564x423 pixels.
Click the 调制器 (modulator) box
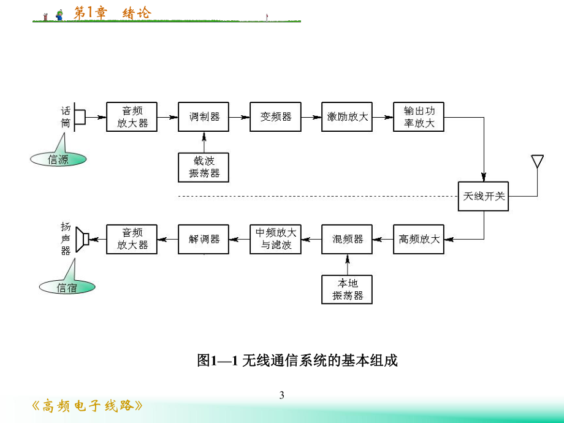point(204,116)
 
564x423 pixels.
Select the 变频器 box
point(275,116)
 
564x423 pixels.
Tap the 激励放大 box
point(347,116)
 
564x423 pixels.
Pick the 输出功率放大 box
point(419,116)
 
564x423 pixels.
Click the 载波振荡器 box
point(204,167)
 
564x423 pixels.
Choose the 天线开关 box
point(484,196)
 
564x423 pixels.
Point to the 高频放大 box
point(419,239)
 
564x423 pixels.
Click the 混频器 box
point(347,239)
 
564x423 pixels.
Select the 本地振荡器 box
point(347,289)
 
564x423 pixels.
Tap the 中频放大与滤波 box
point(275,239)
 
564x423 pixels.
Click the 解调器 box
point(204,239)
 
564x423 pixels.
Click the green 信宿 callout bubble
point(66,287)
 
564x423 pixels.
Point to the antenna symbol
point(537,161)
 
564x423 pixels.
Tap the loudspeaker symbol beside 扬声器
point(82,238)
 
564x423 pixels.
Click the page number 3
point(282,395)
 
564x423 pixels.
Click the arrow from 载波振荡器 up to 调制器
point(204,142)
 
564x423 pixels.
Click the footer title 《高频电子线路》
point(88,406)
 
